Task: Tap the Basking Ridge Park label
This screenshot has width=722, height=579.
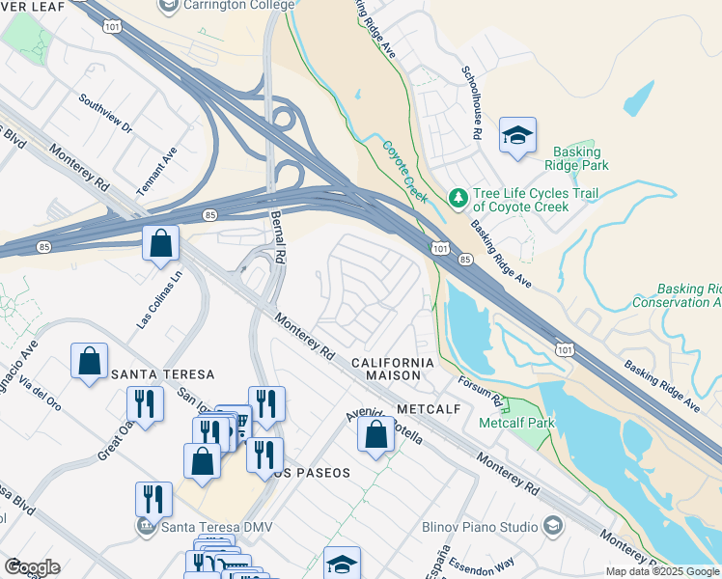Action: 577,158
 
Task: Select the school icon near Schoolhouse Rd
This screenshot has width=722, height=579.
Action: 517,137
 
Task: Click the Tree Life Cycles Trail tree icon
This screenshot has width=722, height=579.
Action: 458,199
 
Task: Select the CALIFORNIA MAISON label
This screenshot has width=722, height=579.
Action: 393,370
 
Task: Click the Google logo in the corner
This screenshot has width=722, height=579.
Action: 32,566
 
